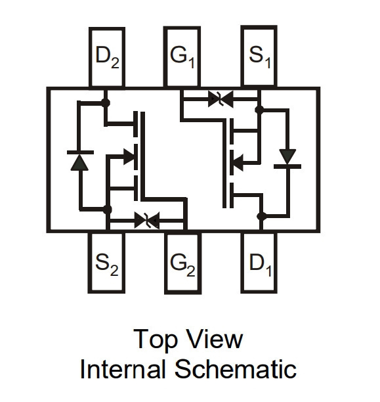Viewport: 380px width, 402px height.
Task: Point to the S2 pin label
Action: (107, 265)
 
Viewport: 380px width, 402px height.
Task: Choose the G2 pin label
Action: (182, 265)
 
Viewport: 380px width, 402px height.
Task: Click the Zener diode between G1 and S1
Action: (221, 99)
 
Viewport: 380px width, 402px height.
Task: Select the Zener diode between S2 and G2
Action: (147, 220)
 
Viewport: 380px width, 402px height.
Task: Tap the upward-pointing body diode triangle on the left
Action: (79, 162)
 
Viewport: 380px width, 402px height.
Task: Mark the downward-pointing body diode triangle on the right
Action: (287, 156)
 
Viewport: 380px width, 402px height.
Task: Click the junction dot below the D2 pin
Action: (105, 103)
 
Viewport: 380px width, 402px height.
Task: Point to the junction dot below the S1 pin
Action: (259, 110)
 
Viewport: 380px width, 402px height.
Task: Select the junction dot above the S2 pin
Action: (108, 210)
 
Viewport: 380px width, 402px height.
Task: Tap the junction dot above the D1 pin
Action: (262, 216)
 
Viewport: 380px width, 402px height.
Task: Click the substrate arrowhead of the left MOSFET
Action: (129, 156)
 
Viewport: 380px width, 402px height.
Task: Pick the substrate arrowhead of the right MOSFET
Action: (238, 163)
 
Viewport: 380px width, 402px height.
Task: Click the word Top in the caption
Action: (156, 339)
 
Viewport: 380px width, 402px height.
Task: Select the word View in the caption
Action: (215, 339)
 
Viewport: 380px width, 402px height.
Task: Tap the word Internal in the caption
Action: (122, 368)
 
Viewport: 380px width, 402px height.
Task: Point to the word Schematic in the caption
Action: (236, 368)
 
